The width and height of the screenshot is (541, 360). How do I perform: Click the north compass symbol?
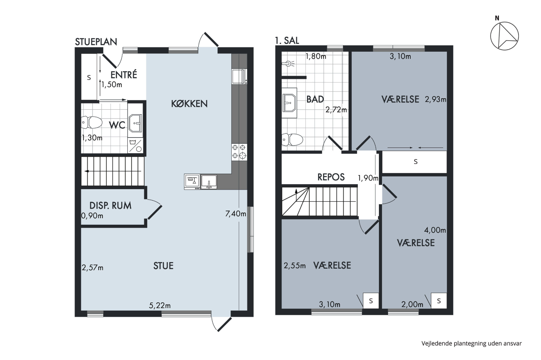click(505, 36)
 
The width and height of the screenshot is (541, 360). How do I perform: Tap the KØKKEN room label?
click(189, 104)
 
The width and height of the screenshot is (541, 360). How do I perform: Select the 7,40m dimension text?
click(236, 214)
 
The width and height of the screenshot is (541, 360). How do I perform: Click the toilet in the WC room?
click(92, 122)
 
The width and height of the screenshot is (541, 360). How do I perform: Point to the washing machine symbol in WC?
click(135, 145)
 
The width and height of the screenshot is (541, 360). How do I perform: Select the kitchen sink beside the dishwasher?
click(209, 182)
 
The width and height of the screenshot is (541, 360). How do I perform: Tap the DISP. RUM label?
click(110, 206)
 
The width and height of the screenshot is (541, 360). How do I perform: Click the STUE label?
click(164, 266)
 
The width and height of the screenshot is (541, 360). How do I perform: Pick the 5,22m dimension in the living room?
click(160, 306)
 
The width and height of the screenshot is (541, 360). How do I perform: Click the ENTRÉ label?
click(124, 75)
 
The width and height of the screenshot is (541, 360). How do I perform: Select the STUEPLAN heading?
click(96, 42)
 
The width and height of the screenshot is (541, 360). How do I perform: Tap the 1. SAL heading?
click(287, 41)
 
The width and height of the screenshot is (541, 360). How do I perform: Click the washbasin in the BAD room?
click(289, 103)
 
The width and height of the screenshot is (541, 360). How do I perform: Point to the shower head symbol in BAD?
click(289, 64)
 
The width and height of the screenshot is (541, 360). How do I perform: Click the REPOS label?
click(331, 177)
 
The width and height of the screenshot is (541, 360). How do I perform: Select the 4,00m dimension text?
click(435, 230)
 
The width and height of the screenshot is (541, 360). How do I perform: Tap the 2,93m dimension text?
click(435, 99)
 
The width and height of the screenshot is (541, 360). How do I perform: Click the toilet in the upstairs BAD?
click(292, 140)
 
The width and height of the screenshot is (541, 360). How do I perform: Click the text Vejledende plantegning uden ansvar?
click(471, 344)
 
